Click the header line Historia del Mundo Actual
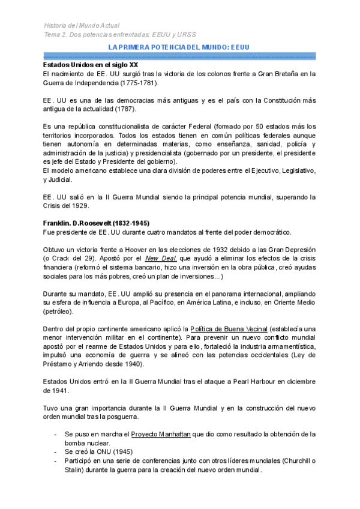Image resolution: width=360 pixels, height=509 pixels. click(82, 26)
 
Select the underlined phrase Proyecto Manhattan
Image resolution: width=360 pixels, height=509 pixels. click(160, 434)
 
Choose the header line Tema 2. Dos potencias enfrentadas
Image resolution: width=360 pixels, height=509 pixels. click(120, 35)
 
